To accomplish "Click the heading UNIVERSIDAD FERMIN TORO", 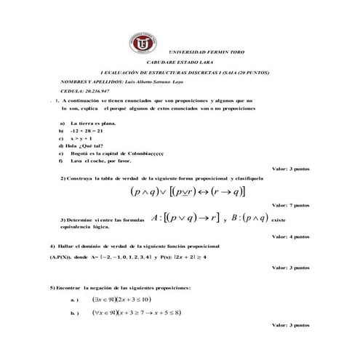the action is [x=202, y=54].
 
